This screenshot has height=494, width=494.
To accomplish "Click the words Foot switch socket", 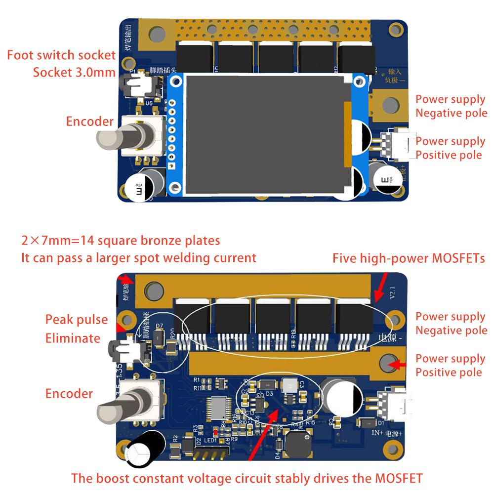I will coord(61,55).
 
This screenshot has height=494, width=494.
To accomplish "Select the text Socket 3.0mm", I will coord(74,72).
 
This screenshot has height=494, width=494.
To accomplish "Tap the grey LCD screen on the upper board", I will coord(266,134).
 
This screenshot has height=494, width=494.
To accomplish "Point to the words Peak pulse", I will coord(77,320).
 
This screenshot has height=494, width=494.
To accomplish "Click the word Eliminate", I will coord(73,338).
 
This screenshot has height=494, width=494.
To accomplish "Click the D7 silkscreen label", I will coord(159,326).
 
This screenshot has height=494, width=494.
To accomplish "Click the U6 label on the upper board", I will coord(149,103).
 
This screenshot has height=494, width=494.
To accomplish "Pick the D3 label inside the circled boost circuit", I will coord(270,394).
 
